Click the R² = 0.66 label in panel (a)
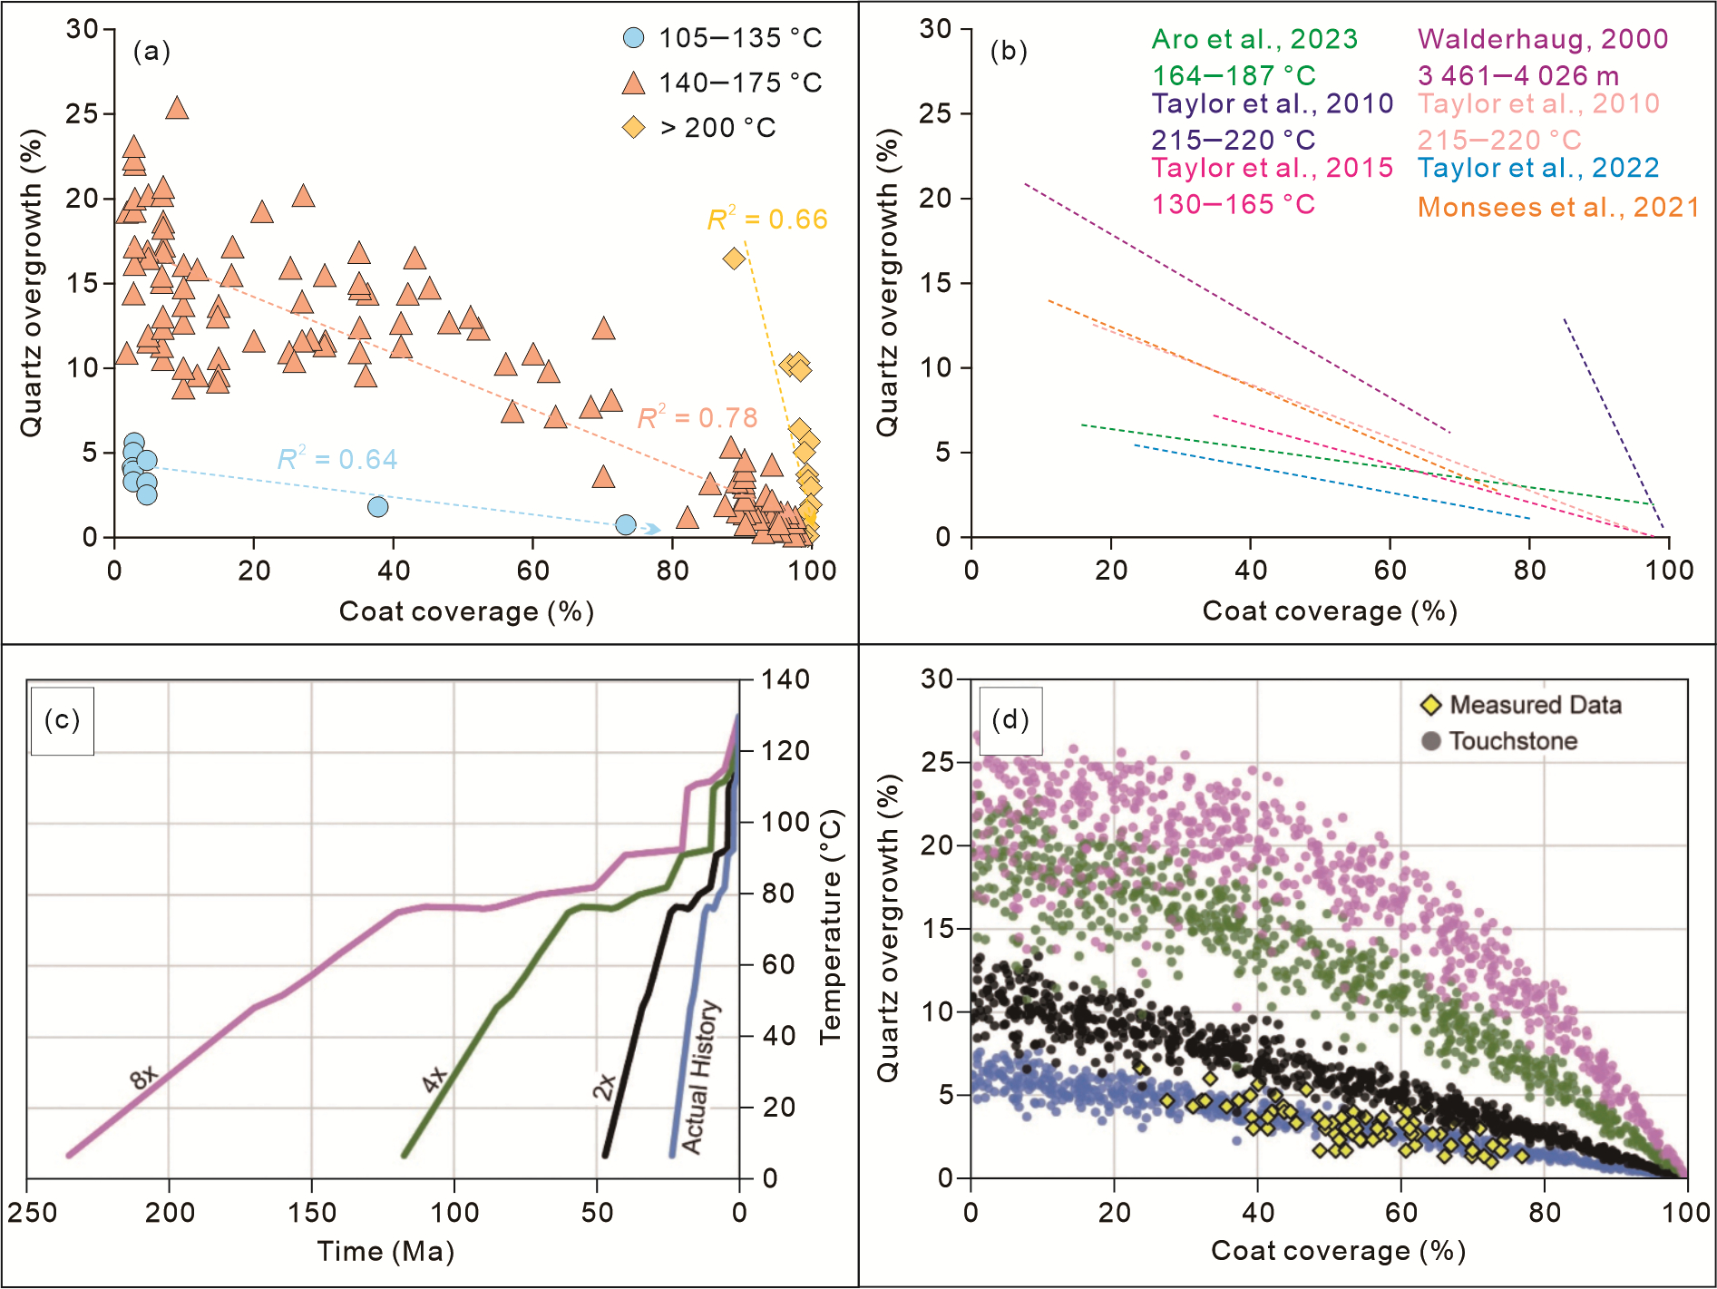[x=767, y=220]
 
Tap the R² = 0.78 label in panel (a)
[x=697, y=418]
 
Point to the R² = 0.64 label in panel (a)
[x=337, y=460]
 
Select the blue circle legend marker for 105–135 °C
[x=633, y=38]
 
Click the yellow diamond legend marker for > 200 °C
[x=633, y=128]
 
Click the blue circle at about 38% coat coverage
[x=378, y=507]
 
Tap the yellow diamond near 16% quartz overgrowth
[x=734, y=259]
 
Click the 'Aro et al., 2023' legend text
[x=1254, y=39]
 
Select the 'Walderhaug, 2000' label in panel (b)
[x=1543, y=39]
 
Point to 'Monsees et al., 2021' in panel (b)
[x=1558, y=208]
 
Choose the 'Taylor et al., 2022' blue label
[x=1538, y=168]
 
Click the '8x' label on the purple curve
[x=144, y=1077]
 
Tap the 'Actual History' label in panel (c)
[x=699, y=1078]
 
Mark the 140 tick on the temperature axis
[x=785, y=679]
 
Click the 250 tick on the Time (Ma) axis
[x=33, y=1212]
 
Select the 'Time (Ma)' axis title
[x=385, y=1252]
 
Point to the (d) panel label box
[x=1010, y=720]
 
